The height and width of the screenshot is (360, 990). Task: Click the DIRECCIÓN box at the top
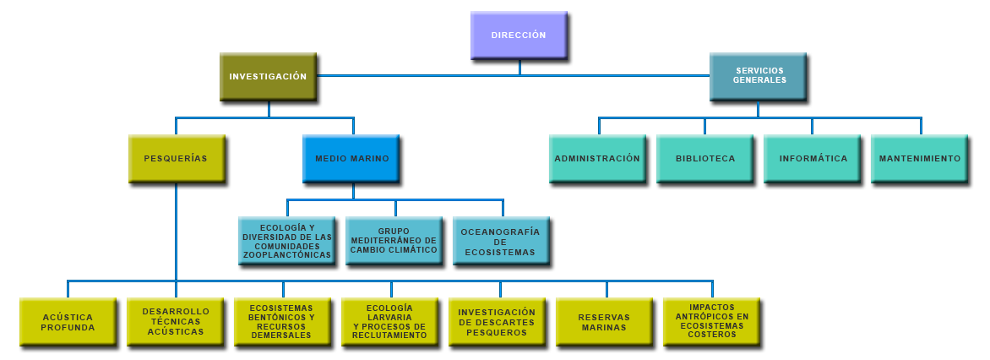tap(519, 35)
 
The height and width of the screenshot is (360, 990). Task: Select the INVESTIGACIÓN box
tap(268, 77)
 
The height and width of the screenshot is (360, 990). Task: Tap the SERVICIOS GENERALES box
tap(759, 75)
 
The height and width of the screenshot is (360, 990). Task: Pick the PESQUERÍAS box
tap(176, 158)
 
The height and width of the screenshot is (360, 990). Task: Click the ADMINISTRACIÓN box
tap(597, 158)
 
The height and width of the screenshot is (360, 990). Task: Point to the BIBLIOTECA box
tap(705, 158)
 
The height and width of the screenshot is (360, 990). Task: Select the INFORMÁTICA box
tap(813, 158)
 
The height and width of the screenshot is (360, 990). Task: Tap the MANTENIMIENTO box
tap(920, 158)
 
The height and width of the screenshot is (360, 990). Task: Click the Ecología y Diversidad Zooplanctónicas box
tap(286, 241)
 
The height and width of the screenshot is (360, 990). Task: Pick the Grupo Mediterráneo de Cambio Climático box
tap(394, 241)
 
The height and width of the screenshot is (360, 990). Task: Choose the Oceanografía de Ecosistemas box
tap(501, 241)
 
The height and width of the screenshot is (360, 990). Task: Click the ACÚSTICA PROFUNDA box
tap(68, 322)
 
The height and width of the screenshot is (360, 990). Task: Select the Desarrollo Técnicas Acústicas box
tap(176, 322)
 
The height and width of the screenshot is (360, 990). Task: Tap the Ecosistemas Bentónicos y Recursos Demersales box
tap(283, 322)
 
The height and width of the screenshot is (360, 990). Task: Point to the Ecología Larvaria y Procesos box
tap(390, 322)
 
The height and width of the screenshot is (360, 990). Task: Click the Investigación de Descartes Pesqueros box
tap(498, 322)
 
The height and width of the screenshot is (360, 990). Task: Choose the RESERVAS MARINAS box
tap(604, 322)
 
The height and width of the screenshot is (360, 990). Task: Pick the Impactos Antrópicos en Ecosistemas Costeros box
tap(712, 322)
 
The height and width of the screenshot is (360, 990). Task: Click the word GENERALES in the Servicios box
tap(759, 80)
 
